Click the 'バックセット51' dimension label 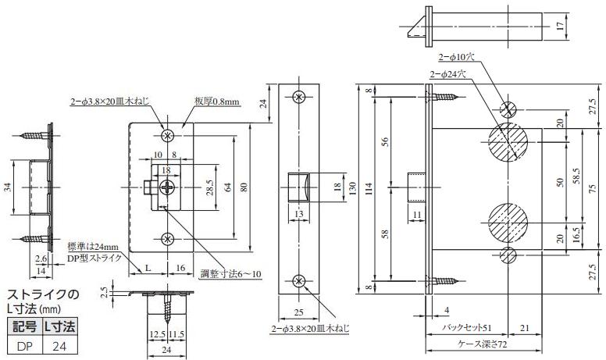point(466,328)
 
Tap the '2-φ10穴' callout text point(456,57)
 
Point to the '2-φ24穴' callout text point(448,74)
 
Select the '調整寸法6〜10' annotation point(230,274)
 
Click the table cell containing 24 point(59,346)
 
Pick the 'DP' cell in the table point(24,346)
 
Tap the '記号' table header point(24,327)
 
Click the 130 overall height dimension point(352,188)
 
